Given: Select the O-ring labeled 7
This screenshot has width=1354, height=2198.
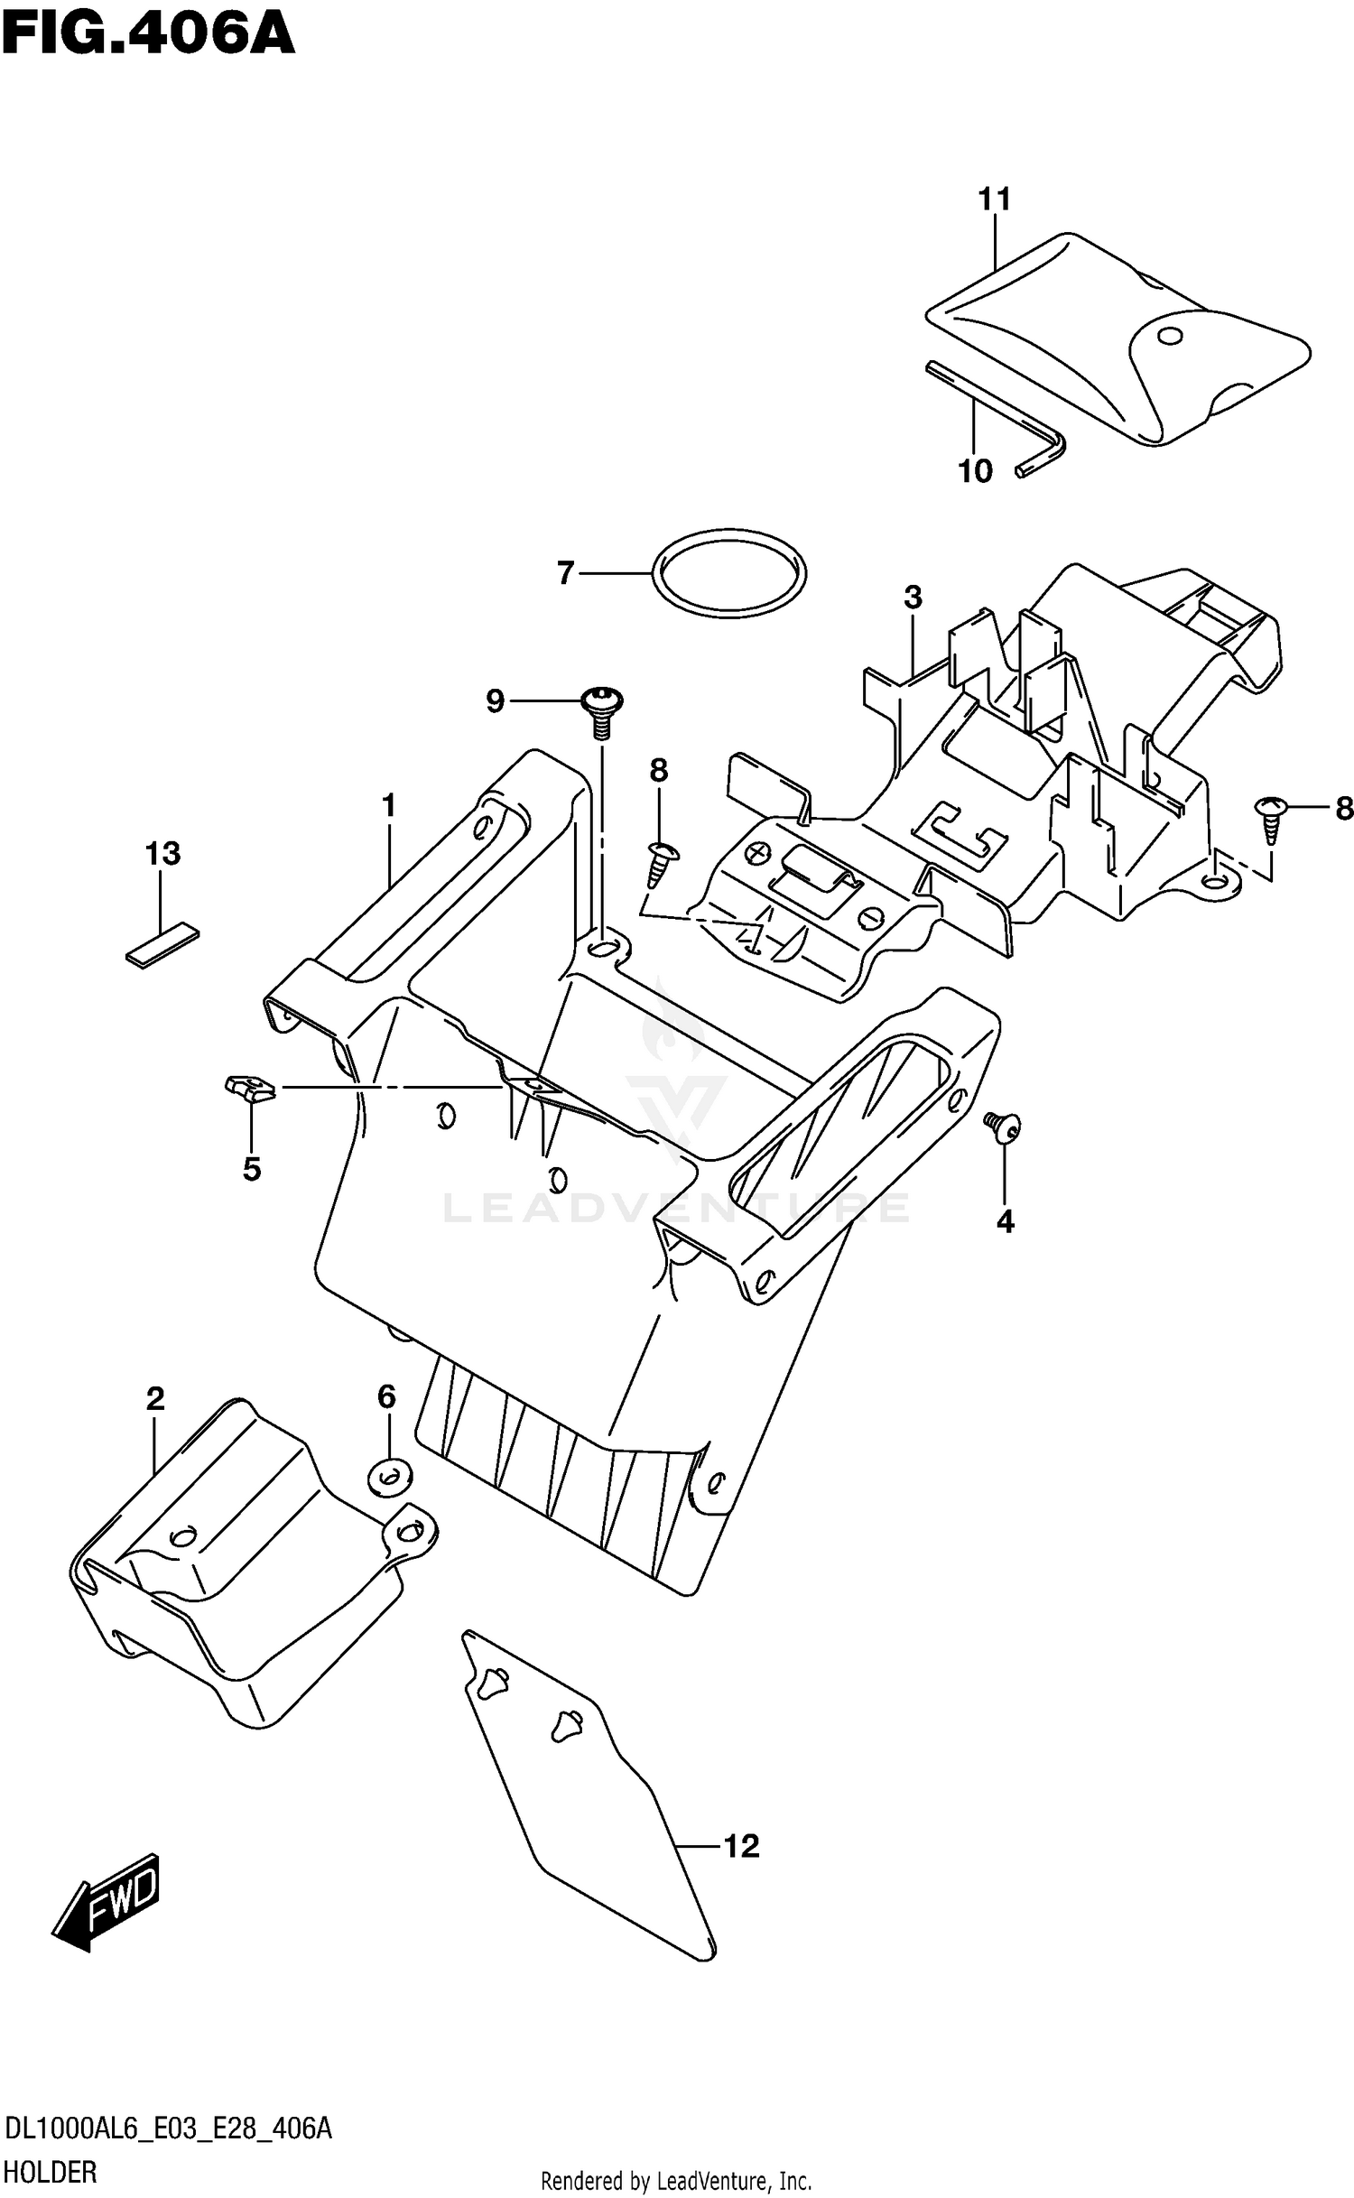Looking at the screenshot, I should pos(728,574).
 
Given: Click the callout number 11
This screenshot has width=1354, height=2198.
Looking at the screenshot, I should pos(994,199).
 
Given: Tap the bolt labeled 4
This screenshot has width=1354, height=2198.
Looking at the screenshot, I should pos(1004,1127).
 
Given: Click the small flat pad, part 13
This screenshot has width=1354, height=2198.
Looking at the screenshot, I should pos(162,945).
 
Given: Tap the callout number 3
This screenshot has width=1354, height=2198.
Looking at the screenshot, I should pos(913,597).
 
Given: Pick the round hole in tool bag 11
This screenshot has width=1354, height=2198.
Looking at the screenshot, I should pos(1170,337).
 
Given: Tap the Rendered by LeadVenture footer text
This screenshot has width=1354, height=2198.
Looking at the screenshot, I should pos(675,2183).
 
